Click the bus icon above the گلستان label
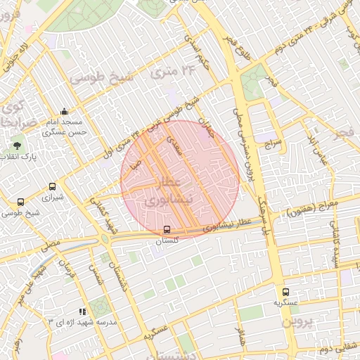(x=167, y=229)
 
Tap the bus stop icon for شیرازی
(x=52, y=187)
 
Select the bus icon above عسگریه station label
(x=285, y=292)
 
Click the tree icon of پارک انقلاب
(x=17, y=146)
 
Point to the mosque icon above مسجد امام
(x=65, y=111)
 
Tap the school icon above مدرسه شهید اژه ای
(x=82, y=311)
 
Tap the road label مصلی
(x=49, y=247)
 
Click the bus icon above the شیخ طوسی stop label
(x=20, y=202)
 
